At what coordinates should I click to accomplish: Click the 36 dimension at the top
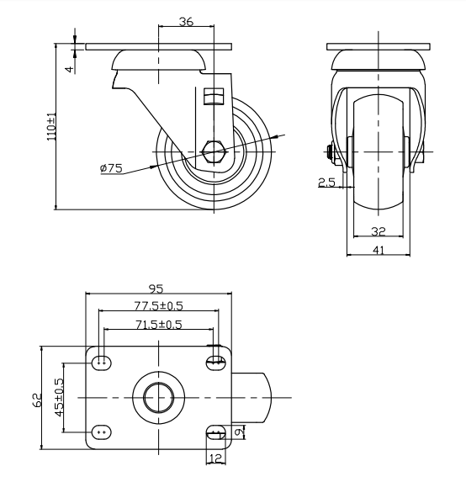click(186, 22)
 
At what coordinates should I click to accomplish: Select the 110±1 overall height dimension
click(51, 126)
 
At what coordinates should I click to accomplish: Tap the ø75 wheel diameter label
click(111, 168)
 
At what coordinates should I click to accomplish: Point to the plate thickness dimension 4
click(71, 68)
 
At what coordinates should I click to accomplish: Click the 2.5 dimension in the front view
click(326, 183)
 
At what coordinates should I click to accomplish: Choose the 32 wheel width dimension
click(379, 231)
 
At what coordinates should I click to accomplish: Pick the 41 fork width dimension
click(379, 250)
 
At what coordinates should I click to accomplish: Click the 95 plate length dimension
click(156, 289)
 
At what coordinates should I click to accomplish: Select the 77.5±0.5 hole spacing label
click(159, 306)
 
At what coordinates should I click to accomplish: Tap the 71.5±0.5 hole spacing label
click(159, 325)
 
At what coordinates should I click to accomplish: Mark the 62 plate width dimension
click(37, 400)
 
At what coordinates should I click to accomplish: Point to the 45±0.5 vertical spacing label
click(60, 398)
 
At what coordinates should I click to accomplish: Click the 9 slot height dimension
click(239, 432)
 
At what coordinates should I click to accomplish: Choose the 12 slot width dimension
click(216, 458)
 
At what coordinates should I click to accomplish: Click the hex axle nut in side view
click(214, 152)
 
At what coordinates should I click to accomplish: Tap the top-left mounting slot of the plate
click(102, 363)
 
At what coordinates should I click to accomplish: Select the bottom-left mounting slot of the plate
click(102, 432)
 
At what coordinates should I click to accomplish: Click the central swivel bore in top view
click(159, 398)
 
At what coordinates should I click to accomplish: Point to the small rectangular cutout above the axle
click(214, 96)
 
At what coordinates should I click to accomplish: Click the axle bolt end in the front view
click(330, 152)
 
